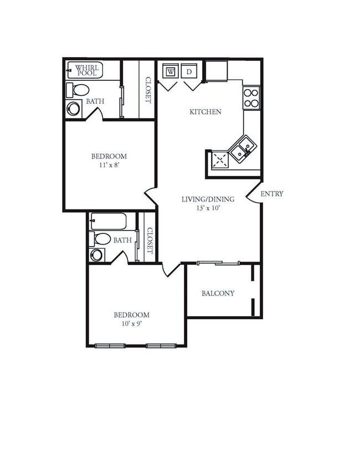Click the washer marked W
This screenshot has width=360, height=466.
[x=170, y=71]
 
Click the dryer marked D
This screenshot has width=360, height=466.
[x=189, y=71]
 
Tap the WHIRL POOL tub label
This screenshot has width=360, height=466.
[x=86, y=70]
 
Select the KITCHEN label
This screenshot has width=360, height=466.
[x=205, y=112]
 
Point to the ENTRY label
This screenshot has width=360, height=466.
[x=272, y=194]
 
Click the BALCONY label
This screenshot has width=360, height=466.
[x=218, y=294]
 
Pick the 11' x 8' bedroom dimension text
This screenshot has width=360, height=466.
[x=109, y=165]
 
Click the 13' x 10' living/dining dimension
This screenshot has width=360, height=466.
[x=208, y=209]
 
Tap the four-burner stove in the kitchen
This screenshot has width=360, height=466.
[x=251, y=98]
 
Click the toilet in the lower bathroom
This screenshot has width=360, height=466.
[x=101, y=239]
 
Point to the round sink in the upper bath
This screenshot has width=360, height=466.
[x=73, y=108]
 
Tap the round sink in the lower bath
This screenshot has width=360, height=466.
[x=97, y=255]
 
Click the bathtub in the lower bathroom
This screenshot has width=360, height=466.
[x=109, y=221]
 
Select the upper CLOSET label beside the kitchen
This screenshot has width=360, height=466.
[x=148, y=90]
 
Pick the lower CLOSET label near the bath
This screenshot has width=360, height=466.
[x=149, y=241]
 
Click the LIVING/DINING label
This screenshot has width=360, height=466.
[x=208, y=199]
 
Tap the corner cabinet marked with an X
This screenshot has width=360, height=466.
[x=220, y=160]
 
